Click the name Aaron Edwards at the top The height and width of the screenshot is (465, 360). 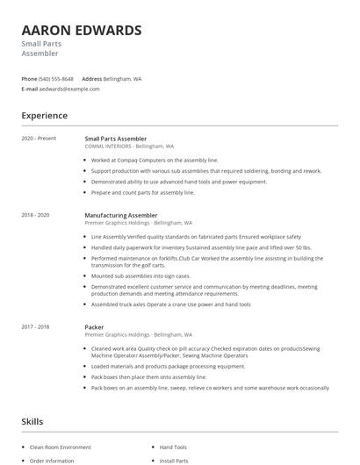point(81,31)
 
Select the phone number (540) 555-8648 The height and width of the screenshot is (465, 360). point(57,78)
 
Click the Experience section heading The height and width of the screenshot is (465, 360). point(44,116)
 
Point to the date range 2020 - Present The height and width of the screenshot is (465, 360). point(39,139)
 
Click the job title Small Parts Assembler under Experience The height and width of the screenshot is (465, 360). point(115,139)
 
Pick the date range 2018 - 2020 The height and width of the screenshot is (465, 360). point(35,215)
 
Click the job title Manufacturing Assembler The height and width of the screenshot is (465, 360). point(120,215)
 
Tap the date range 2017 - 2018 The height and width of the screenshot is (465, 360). point(35,326)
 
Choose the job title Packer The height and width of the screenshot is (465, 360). point(94,326)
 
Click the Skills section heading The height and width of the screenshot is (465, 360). point(32,422)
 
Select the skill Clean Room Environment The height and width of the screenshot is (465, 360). point(61,447)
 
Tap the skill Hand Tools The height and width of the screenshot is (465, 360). point(173,447)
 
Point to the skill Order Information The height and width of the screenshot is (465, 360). point(52,460)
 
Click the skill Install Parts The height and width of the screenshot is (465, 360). point(174,460)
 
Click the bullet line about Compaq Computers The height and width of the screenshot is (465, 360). point(154,161)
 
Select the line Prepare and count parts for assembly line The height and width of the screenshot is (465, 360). point(142,192)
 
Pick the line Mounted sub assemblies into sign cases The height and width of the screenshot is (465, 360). point(140,275)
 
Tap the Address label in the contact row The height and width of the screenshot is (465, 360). point(91,78)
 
